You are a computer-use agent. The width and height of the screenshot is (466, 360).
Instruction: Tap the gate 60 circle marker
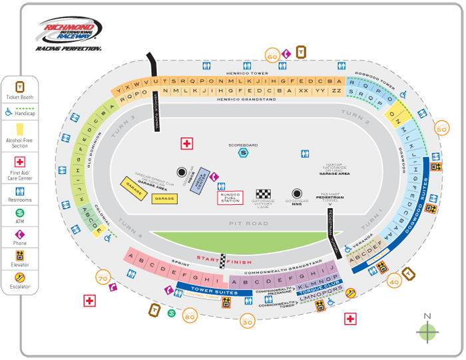click(272, 56)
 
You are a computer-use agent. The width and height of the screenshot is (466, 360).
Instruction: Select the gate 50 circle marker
click(441, 126)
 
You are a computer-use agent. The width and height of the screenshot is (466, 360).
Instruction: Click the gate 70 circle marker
click(103, 277)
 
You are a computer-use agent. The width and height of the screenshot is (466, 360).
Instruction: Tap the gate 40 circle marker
click(394, 281)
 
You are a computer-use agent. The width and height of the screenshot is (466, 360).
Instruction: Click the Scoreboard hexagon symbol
click(243, 152)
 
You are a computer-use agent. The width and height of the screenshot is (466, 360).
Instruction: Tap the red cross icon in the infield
click(187, 144)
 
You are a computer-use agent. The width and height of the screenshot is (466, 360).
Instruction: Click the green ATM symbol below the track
click(171, 313)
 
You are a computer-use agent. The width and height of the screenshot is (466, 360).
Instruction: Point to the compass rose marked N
click(427, 331)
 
